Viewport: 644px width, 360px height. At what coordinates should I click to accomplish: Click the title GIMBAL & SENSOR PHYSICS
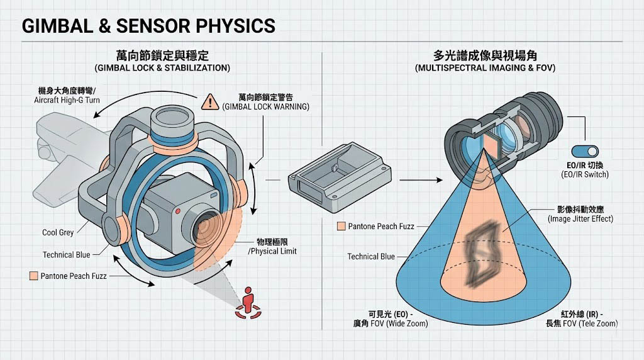(x=148, y=26)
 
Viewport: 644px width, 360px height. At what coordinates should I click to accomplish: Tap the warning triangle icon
(x=209, y=101)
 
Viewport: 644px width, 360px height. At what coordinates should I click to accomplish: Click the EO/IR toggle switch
(x=585, y=151)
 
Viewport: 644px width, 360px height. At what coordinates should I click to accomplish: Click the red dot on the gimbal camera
(x=179, y=210)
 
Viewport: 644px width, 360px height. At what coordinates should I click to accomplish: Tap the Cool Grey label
(x=58, y=233)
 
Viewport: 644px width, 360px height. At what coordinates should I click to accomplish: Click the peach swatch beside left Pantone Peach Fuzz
(x=33, y=276)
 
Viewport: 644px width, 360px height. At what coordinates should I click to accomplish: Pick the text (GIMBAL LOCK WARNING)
(x=265, y=106)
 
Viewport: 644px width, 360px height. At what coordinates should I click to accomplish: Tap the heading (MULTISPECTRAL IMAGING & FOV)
(x=485, y=67)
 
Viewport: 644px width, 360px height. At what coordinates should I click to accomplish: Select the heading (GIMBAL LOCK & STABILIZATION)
(x=162, y=67)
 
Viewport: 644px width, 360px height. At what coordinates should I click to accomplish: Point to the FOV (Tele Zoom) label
(x=581, y=323)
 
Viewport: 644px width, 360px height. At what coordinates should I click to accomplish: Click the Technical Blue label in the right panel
(x=371, y=256)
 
